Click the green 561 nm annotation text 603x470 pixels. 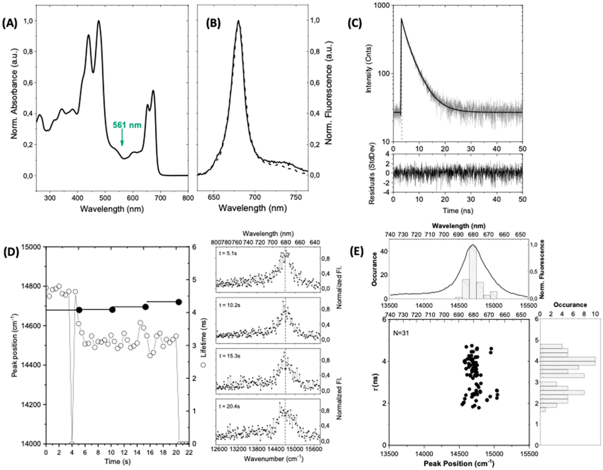pyautogui.click(x=127, y=125)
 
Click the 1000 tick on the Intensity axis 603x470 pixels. pyautogui.click(x=382, y=5)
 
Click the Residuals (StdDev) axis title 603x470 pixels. pyautogui.click(x=372, y=173)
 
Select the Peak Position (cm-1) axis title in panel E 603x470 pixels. pyautogui.click(x=459, y=464)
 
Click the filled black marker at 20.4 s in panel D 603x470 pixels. pyautogui.click(x=179, y=302)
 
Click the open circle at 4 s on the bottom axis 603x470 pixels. pyautogui.click(x=72, y=443)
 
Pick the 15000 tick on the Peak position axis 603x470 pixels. pyautogui.click(x=31, y=247)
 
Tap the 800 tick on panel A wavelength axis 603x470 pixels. pyautogui.click(x=188, y=198)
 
